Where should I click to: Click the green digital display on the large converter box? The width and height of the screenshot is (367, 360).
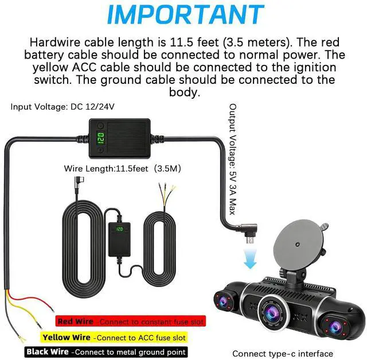[100, 138]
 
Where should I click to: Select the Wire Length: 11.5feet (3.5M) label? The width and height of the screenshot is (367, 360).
[123, 169]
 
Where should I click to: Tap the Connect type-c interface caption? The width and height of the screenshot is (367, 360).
[282, 353]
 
